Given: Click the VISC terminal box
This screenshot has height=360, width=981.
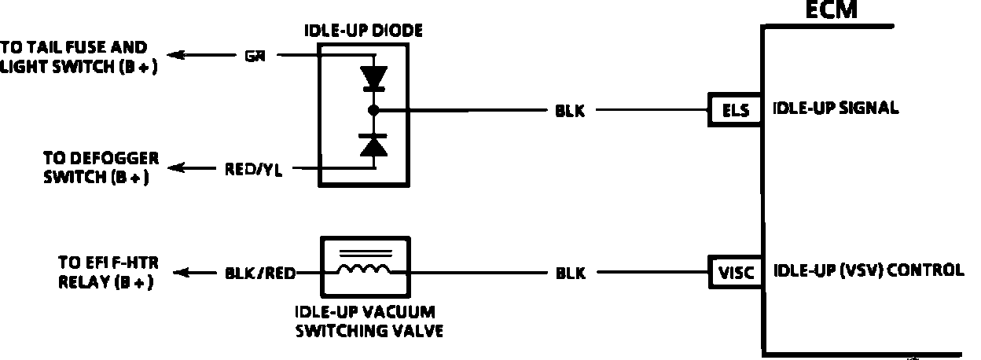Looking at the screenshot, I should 736,273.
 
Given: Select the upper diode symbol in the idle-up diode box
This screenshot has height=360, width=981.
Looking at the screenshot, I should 373,77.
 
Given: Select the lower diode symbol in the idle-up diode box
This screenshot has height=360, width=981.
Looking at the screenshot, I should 373,146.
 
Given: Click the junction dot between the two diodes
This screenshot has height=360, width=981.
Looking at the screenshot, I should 373,110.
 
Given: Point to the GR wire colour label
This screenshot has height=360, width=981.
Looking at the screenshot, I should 254,56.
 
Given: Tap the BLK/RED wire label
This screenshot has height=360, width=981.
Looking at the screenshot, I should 260,274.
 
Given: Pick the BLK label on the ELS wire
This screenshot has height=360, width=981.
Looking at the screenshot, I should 570,111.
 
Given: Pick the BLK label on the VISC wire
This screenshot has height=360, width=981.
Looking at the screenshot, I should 570,274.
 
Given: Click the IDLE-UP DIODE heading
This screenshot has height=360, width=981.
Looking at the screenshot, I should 363,31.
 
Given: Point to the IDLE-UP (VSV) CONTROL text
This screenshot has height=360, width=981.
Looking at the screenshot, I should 869,271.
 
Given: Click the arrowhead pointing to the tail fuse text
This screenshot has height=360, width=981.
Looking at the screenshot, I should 178,55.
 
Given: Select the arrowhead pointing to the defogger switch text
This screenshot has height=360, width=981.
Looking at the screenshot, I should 178,167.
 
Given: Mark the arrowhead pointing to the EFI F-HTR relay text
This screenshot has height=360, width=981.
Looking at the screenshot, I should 180,273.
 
